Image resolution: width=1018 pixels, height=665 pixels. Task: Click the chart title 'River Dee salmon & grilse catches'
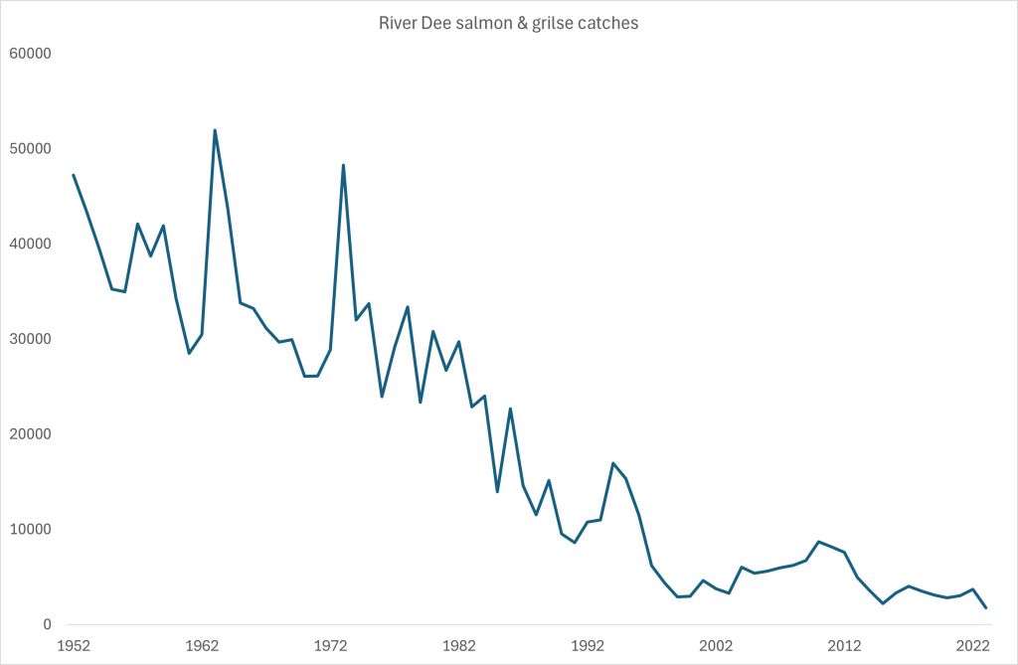[508, 24]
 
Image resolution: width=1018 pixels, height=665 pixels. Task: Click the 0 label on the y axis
[47, 625]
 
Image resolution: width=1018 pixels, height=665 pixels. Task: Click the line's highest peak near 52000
[215, 130]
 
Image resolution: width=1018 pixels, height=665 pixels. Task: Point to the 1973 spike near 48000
[343, 165]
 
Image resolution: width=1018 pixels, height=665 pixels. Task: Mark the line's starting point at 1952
[74, 175]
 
